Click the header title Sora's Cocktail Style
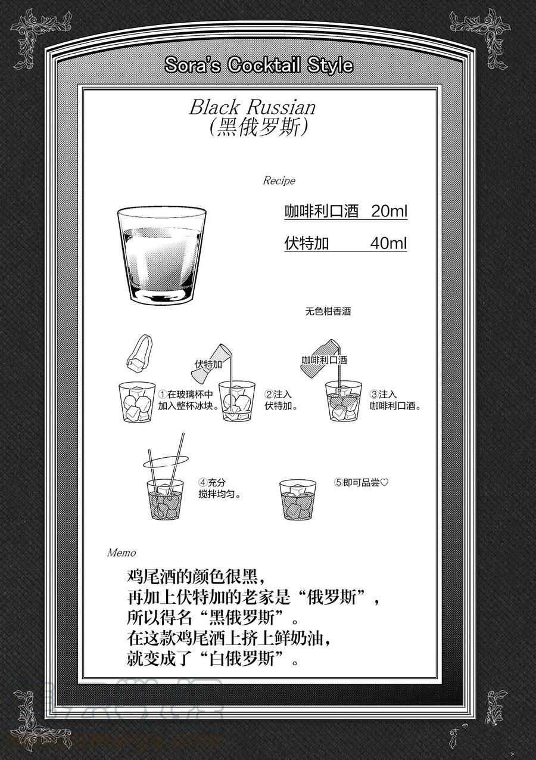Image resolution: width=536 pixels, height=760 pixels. point(258,65)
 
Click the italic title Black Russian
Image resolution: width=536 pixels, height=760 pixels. point(253,107)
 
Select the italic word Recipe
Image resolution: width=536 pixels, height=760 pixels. point(279,181)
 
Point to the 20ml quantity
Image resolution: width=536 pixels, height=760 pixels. point(389,211)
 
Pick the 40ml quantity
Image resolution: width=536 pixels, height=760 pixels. point(388,243)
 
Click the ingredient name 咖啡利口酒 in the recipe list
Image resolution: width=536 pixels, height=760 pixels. point(321,211)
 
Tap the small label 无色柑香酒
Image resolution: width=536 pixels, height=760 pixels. point(328,311)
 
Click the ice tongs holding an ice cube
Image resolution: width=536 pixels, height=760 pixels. point(140,352)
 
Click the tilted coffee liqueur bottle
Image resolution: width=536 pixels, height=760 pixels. point(320,357)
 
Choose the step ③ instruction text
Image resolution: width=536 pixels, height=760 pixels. point(395,400)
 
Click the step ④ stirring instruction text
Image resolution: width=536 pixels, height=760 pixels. point(220,488)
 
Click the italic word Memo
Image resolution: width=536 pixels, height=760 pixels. point(121,553)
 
